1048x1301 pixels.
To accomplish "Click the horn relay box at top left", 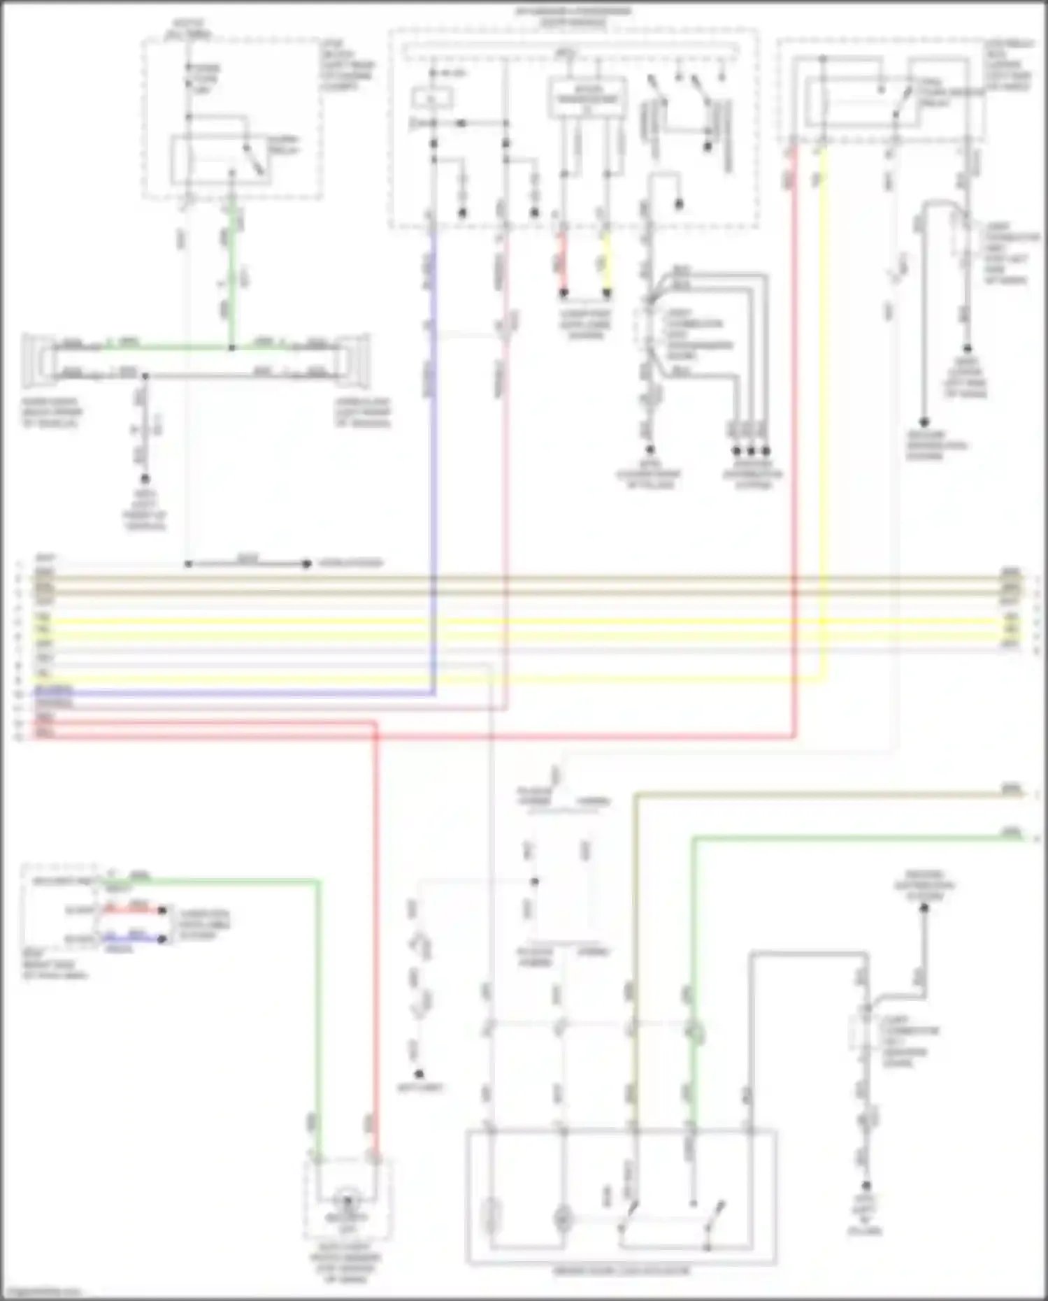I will [x=221, y=160].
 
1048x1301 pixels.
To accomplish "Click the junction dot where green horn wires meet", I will [x=232, y=347].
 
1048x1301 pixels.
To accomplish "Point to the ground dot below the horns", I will [x=145, y=479].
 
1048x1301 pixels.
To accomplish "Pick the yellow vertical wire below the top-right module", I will [x=822, y=419].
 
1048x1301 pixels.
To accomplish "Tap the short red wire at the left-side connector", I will [x=133, y=910].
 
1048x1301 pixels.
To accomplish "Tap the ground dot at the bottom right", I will [x=866, y=1186].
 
